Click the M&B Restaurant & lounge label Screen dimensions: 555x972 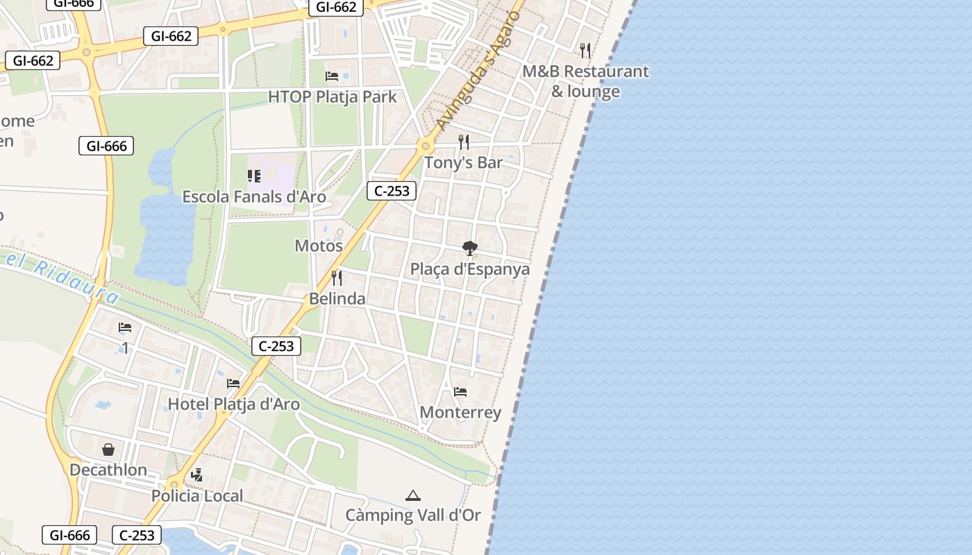(x=585, y=81)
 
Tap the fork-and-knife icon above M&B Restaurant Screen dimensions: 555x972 (x=585, y=50)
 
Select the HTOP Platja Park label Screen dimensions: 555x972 (x=333, y=96)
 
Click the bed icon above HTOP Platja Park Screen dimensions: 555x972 (x=332, y=76)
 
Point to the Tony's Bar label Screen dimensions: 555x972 (x=463, y=162)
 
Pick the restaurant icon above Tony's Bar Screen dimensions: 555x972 (x=464, y=142)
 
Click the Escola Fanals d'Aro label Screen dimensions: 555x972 (x=254, y=197)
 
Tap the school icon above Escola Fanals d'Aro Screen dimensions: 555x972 (x=254, y=176)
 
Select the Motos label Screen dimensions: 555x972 (x=319, y=246)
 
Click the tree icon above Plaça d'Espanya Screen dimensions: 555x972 (x=470, y=248)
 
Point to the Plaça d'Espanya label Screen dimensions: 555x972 (x=470, y=269)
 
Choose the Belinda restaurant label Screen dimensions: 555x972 (x=337, y=299)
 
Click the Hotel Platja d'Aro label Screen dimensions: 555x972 (x=234, y=404)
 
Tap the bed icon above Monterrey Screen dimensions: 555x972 (x=460, y=392)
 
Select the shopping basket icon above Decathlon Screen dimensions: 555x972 (x=108, y=450)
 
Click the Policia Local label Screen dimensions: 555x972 (x=197, y=496)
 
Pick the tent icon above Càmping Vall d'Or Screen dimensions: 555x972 (x=413, y=495)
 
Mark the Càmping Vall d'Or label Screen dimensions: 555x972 (x=413, y=515)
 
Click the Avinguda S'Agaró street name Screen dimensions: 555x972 (x=478, y=70)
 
